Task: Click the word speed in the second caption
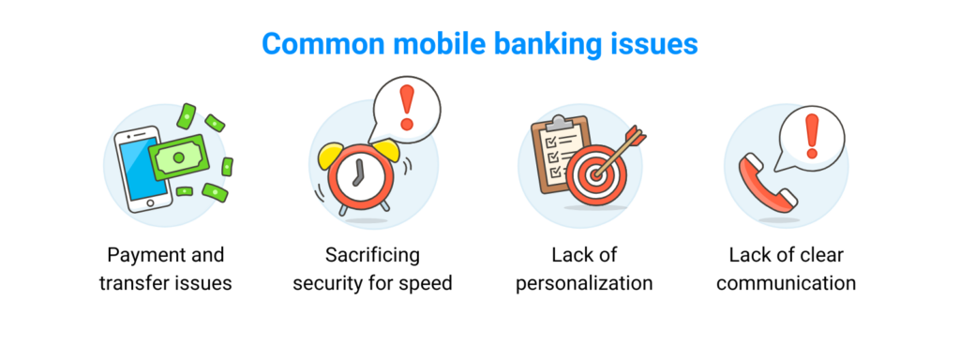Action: (427, 282)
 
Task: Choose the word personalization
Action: (584, 282)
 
